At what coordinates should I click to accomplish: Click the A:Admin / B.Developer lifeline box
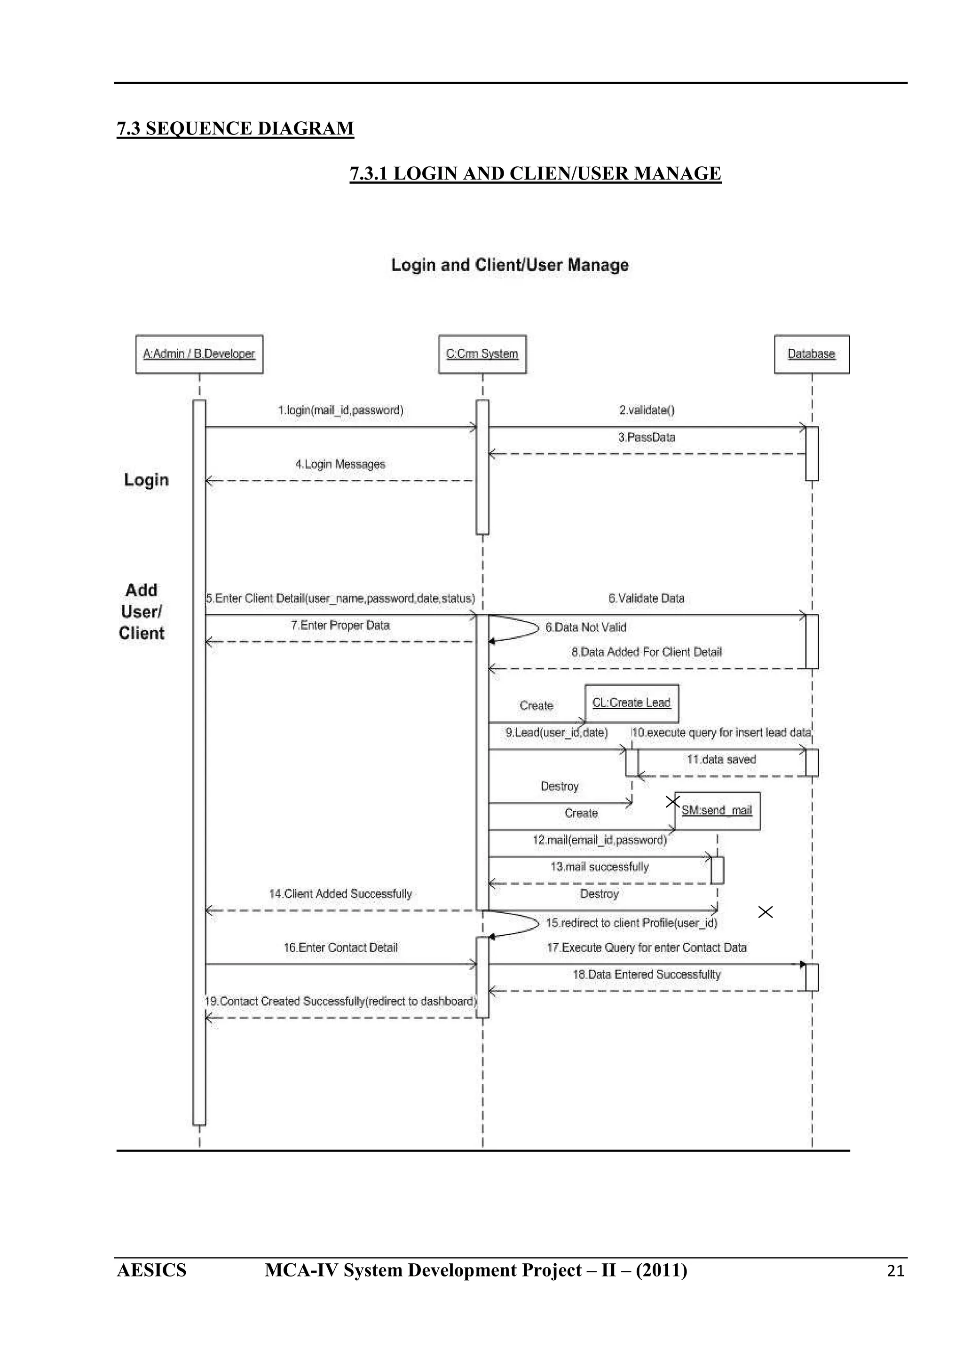[x=199, y=354]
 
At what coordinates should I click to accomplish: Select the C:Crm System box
[x=482, y=354]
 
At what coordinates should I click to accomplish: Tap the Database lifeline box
[x=811, y=354]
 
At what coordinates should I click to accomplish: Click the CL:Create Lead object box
[x=631, y=703]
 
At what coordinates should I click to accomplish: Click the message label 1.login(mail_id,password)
[x=340, y=410]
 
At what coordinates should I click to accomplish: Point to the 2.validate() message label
[x=646, y=410]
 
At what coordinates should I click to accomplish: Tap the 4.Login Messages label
[x=340, y=464]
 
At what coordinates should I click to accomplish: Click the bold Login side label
[x=146, y=480]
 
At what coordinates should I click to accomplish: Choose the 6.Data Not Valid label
[x=585, y=627]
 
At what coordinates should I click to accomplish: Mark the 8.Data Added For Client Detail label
[x=646, y=652]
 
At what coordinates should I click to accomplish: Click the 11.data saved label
[x=721, y=759]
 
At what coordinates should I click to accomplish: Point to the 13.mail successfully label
[x=599, y=867]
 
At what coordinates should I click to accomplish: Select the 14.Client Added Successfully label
[x=340, y=894]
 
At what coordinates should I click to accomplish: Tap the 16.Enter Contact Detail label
[x=340, y=948]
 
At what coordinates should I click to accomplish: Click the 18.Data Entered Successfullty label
[x=646, y=975]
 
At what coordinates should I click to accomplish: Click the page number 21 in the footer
[x=895, y=1271]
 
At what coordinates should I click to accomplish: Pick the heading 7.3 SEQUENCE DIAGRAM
[x=235, y=129]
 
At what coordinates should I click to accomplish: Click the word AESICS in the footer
[x=151, y=1271]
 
